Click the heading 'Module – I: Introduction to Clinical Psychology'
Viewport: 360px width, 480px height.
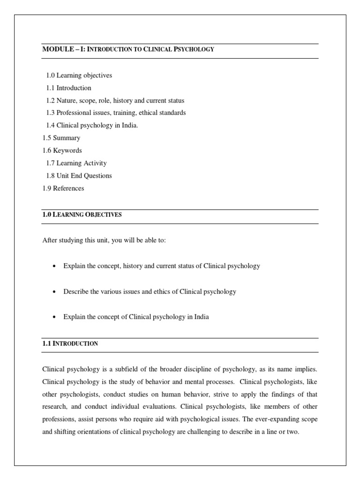coord(128,49)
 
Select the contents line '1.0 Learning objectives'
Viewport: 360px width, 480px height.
coord(79,75)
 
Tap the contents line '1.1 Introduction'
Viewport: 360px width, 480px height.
coord(68,88)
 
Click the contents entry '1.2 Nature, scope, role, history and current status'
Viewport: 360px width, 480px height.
coord(115,101)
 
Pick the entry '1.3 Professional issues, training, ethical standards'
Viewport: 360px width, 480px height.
coord(116,113)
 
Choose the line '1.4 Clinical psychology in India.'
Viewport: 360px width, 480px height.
coord(92,126)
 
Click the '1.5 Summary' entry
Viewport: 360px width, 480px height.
coord(61,138)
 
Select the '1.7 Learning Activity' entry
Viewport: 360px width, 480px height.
coord(76,163)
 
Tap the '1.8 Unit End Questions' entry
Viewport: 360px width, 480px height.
coord(79,176)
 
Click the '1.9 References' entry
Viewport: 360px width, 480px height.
coord(63,188)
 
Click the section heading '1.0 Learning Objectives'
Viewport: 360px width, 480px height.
coord(82,215)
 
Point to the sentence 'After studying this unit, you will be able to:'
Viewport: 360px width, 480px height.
coord(104,240)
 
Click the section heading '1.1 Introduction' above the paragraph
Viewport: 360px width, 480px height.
coord(70,344)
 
